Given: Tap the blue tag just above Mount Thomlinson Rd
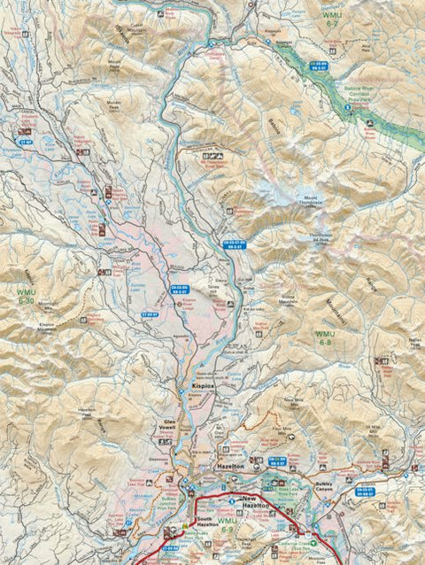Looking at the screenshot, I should [x=234, y=244].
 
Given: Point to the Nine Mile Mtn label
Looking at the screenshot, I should [x=293, y=403].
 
